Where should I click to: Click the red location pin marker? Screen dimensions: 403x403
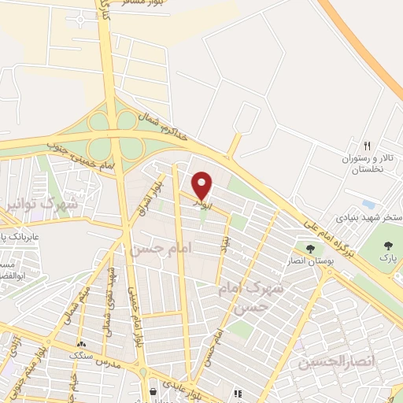tap(202, 185)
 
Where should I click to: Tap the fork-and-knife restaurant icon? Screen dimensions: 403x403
tap(367, 146)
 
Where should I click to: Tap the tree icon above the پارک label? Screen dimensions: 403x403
tap(386, 246)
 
